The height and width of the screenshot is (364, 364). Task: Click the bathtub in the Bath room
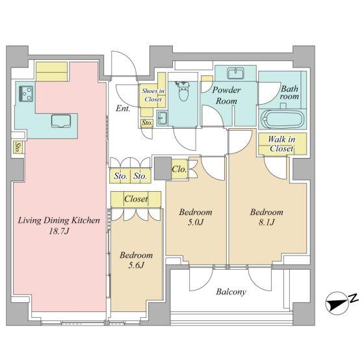pos(282,119)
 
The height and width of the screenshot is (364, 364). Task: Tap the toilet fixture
pos(183,91)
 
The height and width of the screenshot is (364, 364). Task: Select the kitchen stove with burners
pos(26,94)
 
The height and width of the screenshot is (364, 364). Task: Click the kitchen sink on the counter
pos(61,121)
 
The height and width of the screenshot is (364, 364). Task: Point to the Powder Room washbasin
pos(236,73)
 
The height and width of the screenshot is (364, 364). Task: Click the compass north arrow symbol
pos(337,303)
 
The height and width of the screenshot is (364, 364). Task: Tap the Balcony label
pos(231,292)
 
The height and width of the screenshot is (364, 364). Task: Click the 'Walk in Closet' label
pos(281,144)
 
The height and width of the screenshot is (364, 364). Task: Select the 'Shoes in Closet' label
pos(153,95)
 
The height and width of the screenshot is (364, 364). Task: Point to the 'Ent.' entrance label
pos(123,108)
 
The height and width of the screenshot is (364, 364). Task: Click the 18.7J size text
pos(59,231)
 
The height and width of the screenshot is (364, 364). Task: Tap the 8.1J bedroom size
pos(266,222)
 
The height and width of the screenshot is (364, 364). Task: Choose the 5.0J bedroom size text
pos(196,222)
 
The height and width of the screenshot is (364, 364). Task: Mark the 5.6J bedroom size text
pos(136,265)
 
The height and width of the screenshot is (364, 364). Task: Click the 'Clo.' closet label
pos(179,169)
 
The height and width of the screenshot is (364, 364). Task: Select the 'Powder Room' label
pos(226,96)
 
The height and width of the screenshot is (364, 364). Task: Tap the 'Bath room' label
pos(289,92)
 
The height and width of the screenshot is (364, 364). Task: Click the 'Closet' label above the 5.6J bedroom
pos(136,199)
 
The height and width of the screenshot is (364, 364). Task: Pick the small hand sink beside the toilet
pos(162,118)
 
